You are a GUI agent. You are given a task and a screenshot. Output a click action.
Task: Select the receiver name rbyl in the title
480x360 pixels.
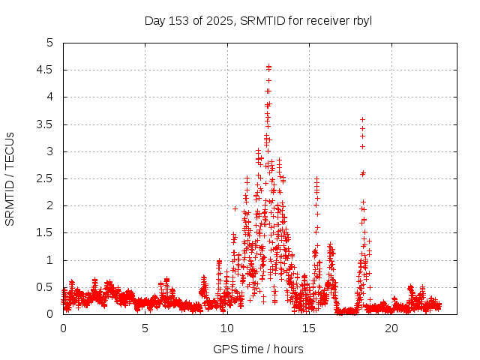point(360,20)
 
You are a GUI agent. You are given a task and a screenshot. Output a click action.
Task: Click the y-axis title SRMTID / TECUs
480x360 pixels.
point(10,178)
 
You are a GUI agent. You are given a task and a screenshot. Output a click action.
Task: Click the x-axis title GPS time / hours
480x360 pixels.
point(258,349)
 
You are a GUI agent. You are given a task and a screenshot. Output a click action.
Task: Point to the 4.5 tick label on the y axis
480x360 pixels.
point(46,70)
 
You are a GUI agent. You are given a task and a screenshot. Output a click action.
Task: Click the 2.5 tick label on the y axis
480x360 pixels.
point(46,178)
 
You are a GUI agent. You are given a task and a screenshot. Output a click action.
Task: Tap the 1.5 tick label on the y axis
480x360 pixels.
point(46,233)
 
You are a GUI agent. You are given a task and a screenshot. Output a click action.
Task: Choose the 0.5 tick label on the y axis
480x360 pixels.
point(46,287)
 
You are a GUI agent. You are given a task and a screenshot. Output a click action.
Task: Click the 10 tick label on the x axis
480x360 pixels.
point(227,328)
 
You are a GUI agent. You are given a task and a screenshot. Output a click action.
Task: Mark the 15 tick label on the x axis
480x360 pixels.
point(309,328)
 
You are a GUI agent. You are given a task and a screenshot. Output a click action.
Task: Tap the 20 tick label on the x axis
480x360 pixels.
point(391,328)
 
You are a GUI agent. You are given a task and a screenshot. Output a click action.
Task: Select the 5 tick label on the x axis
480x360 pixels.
point(145,328)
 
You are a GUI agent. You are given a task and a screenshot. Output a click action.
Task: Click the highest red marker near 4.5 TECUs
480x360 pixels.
point(268,67)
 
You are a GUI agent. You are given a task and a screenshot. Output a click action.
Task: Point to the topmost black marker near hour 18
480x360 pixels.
point(362,119)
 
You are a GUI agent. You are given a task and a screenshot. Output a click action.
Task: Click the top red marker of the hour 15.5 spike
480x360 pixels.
point(316,179)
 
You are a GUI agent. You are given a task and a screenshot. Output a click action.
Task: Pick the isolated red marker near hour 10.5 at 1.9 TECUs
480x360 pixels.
point(235,208)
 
